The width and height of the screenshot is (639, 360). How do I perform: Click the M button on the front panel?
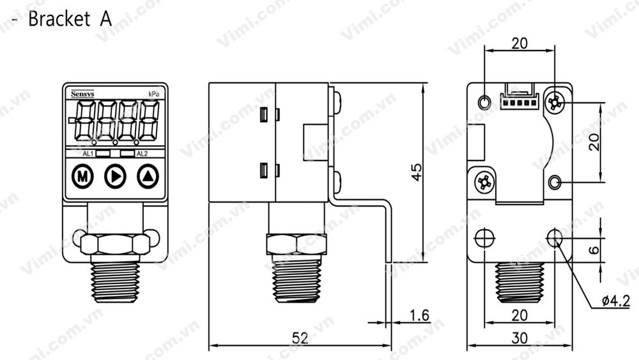(x=82, y=175)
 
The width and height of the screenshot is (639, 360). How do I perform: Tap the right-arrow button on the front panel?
(x=115, y=175)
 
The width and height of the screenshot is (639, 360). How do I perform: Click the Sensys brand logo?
(x=81, y=93)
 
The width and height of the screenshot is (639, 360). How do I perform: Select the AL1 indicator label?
(x=89, y=154)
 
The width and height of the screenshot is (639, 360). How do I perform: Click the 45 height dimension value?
(x=416, y=172)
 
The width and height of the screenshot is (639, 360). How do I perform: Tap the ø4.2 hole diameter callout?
(x=616, y=301)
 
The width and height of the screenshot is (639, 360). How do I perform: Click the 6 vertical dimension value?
(x=594, y=249)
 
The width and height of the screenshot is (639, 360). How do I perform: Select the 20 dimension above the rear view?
(x=520, y=43)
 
